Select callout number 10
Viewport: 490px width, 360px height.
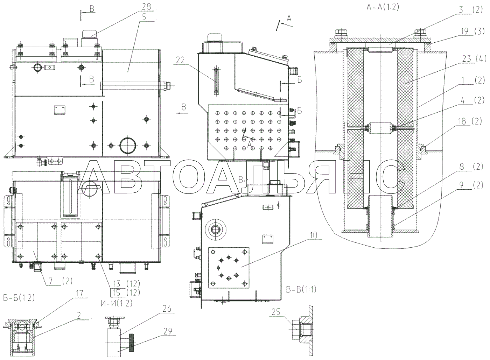[314, 236]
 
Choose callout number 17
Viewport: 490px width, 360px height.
[80, 293]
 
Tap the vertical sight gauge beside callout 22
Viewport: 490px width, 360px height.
[216, 81]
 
